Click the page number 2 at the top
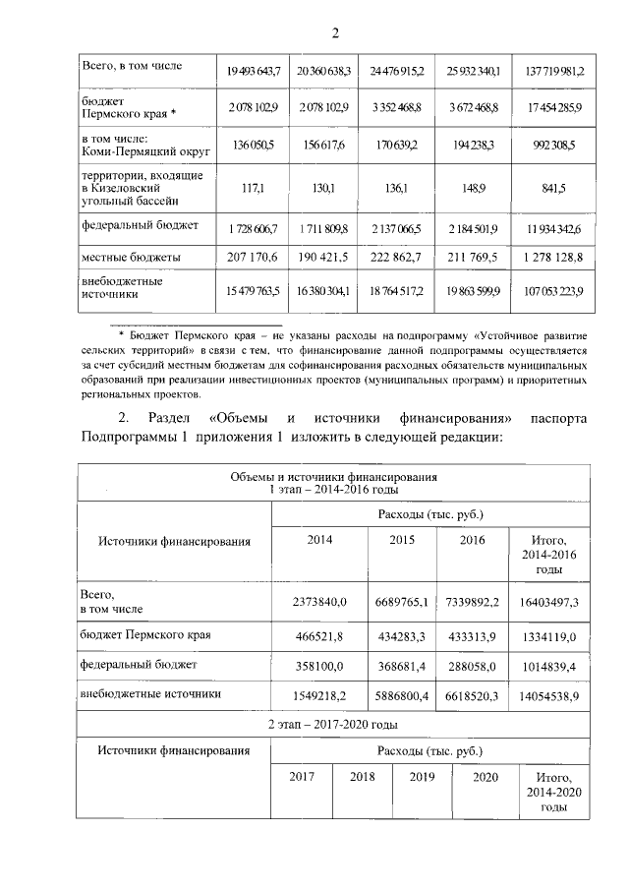pyautogui.click(x=334, y=35)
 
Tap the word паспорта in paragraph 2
pyautogui.click(x=556, y=417)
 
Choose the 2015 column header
pyautogui.click(x=402, y=539)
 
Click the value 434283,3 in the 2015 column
pyautogui.click(x=402, y=636)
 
